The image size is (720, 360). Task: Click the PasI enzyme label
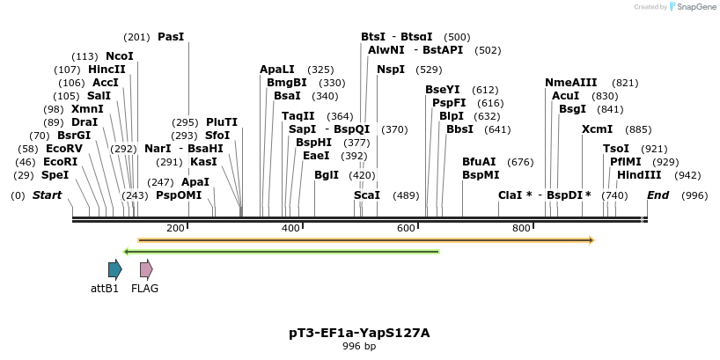point(171,37)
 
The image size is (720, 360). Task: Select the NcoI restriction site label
point(120,55)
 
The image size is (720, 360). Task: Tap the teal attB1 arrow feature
point(114,269)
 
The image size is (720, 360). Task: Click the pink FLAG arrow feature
point(146,269)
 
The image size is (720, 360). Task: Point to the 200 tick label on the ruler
point(175,229)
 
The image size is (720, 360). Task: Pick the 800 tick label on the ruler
point(521,229)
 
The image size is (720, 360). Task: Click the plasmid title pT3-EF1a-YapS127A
point(359,333)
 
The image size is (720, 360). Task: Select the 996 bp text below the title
point(359,346)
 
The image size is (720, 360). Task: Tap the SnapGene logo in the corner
point(693,7)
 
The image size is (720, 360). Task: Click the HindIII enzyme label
point(639,175)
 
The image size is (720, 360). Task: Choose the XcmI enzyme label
point(597,129)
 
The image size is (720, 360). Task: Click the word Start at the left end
point(47,195)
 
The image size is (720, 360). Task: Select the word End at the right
point(658,195)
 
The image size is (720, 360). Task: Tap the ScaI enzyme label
point(367,195)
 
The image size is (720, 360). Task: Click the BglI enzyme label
point(327,175)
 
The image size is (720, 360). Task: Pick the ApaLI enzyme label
point(277,69)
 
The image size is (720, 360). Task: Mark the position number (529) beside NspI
point(429,69)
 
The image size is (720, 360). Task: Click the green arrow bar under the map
point(282,252)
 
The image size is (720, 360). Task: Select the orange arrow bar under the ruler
point(366,239)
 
